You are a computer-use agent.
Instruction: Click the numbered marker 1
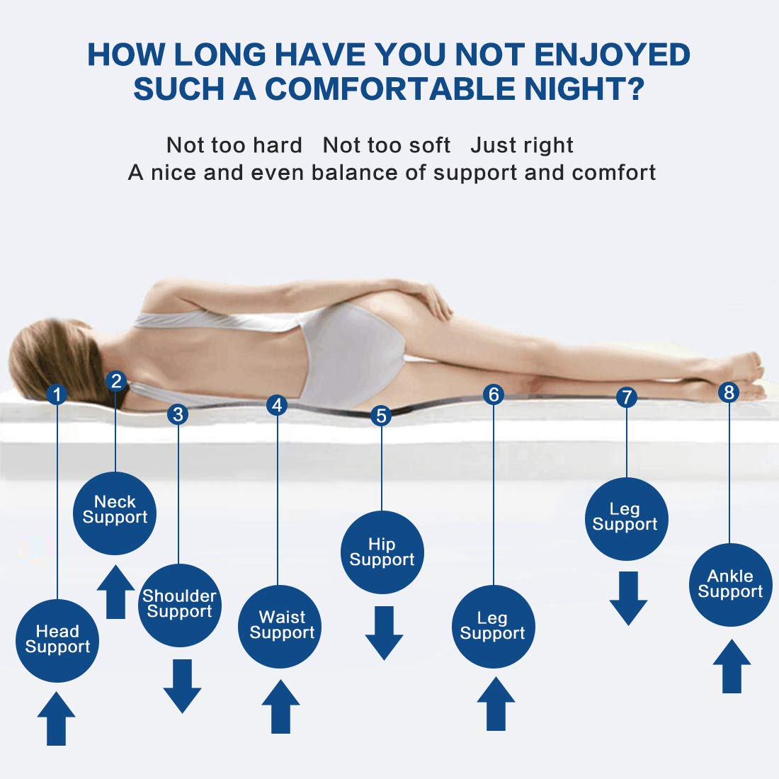pos(57,394)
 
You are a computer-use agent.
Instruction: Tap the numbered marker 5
pos(381,416)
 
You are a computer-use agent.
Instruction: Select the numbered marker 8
pos(729,392)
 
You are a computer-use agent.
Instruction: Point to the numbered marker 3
pos(178,414)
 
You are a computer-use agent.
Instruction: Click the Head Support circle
pos(57,640)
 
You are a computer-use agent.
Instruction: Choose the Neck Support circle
pos(115,513)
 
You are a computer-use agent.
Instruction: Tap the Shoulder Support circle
pos(179,605)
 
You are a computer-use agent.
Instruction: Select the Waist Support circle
pos(280,627)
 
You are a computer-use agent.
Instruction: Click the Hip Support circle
pos(382,552)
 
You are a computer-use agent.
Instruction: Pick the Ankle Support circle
pos(731,585)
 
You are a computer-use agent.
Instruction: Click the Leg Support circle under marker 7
pos(627,518)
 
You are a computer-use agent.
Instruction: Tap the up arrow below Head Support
pos(56,718)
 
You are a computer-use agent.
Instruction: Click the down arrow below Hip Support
pos(384,633)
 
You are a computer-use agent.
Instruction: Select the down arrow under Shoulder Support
pos(182,686)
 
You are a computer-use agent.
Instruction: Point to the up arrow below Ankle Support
pos(732,666)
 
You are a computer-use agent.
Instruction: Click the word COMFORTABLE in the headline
pos(390,89)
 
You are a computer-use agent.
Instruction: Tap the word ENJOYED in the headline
pos(612,54)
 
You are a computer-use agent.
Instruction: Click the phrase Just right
pos(522,145)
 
